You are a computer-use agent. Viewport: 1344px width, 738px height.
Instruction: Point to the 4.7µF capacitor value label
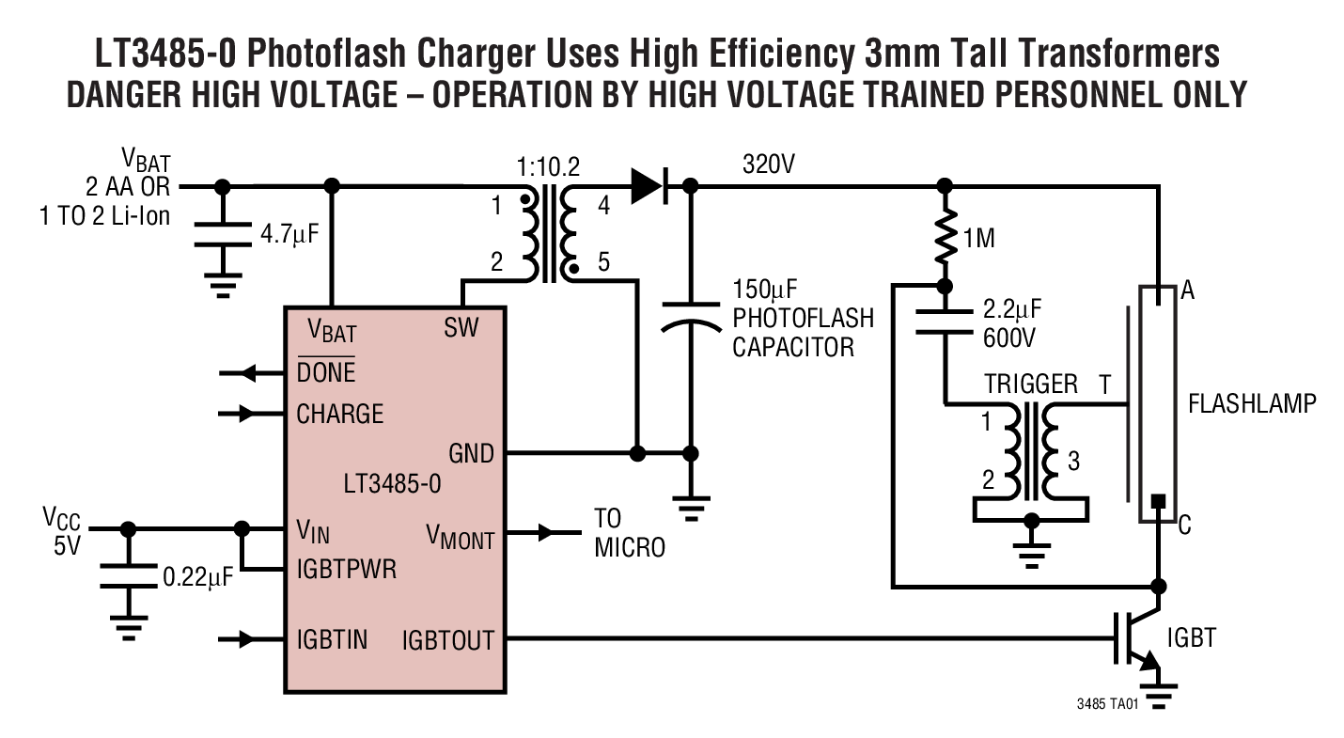pyautogui.click(x=290, y=233)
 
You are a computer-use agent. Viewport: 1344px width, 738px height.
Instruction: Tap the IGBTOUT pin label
pyautogui.click(x=447, y=641)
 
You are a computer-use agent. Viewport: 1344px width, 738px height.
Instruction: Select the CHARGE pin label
pyautogui.click(x=339, y=414)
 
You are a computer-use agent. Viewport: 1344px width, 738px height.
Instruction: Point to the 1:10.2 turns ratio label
pyautogui.click(x=549, y=168)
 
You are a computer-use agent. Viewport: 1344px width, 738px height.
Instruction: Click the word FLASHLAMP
pyautogui.click(x=1252, y=404)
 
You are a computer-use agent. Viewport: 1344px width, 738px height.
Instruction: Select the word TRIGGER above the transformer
pyautogui.click(x=1031, y=385)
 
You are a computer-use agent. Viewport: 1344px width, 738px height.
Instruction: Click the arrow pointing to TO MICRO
pyautogui.click(x=544, y=533)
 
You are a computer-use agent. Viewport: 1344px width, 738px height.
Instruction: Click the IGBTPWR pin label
pyautogui.click(x=345, y=570)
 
